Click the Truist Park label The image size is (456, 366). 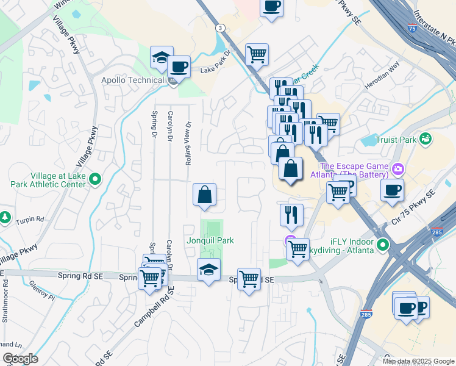click(x=396, y=139)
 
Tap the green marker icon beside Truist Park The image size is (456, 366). click(x=425, y=138)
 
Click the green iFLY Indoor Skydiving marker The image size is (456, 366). click(x=383, y=245)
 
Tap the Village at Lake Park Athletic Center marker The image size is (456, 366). click(x=94, y=179)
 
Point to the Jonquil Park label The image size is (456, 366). click(x=210, y=240)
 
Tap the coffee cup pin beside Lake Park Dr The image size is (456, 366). click(x=179, y=66)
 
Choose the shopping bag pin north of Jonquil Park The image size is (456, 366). click(x=205, y=195)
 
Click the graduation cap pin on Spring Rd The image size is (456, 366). click(x=208, y=270)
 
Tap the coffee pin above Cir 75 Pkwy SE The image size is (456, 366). click(x=393, y=189)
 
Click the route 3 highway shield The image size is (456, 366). click(x=219, y=27)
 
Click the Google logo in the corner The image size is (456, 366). click(x=20, y=359)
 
